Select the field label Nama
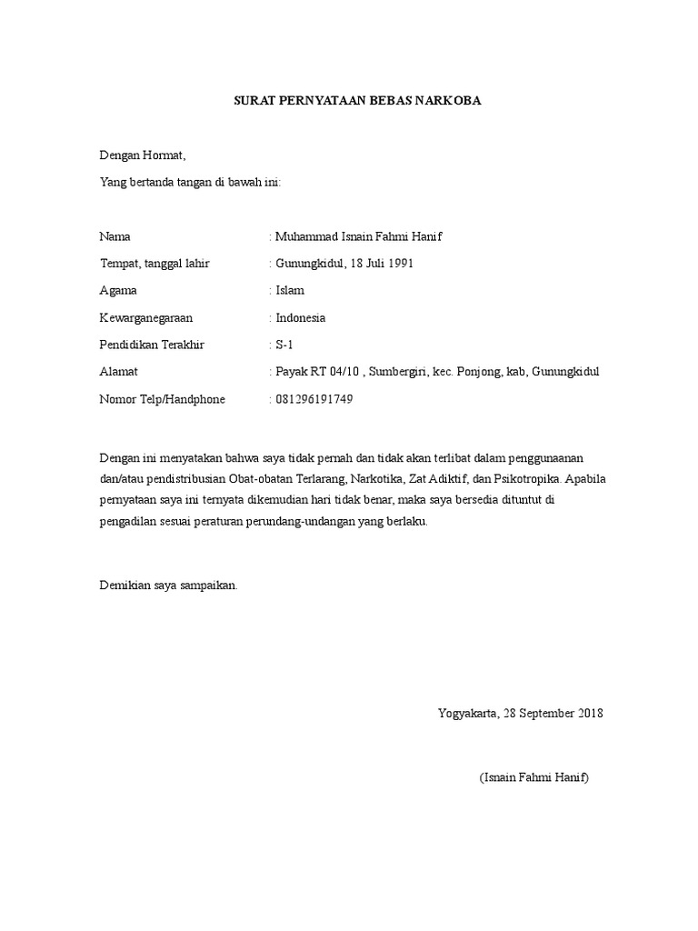[115, 236]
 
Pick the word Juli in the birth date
[374, 264]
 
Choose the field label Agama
[118, 291]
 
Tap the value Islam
[290, 291]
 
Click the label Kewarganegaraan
[145, 318]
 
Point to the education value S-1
[284, 345]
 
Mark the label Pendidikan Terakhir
[152, 345]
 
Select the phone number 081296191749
[314, 399]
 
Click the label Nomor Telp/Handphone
[162, 399]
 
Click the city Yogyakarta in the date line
[467, 713]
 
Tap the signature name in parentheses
[534, 779]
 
